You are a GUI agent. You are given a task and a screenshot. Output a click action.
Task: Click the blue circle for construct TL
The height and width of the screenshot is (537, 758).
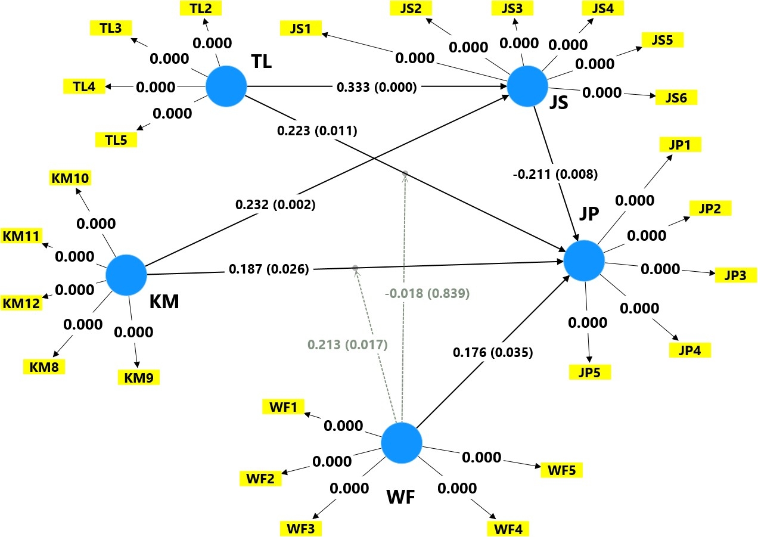226,86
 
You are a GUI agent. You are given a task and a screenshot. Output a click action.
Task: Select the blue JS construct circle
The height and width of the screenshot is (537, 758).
527,86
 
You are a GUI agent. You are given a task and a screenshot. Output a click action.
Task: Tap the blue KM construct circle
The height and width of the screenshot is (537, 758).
126,275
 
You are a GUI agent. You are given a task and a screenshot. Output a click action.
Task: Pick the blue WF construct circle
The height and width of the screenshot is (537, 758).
402,443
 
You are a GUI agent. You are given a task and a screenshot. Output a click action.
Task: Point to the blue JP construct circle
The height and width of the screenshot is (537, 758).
584,260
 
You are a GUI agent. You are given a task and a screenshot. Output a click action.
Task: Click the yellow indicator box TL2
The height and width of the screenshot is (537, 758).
201,8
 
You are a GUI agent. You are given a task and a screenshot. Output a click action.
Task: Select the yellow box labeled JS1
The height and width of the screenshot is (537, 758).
300,28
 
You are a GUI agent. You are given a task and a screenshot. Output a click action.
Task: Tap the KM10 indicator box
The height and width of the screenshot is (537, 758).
70,178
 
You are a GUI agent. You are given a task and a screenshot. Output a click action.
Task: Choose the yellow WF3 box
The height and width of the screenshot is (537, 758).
300,529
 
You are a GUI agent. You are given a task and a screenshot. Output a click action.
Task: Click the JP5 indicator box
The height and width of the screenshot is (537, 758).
590,373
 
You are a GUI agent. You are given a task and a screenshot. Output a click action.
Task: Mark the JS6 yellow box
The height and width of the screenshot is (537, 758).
676,98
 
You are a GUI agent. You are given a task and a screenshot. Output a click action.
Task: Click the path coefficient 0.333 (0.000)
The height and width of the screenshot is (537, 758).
377,87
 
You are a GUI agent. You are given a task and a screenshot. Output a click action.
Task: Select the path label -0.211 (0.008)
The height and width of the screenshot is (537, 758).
555,174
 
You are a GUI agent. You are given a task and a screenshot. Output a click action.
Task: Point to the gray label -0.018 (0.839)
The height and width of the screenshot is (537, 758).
427,293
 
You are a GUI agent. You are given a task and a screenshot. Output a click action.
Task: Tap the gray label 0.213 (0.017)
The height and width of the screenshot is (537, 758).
347,344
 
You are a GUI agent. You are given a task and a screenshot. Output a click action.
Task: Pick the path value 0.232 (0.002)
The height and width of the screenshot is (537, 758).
275,204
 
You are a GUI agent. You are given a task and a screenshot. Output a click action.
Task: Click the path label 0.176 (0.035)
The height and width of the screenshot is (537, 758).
493,353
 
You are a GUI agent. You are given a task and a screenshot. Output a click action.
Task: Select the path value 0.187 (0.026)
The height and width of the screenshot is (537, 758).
269,269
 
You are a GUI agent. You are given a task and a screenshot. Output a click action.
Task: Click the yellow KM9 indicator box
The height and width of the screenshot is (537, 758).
138,378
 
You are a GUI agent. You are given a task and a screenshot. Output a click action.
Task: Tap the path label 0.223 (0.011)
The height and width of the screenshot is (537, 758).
317,131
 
